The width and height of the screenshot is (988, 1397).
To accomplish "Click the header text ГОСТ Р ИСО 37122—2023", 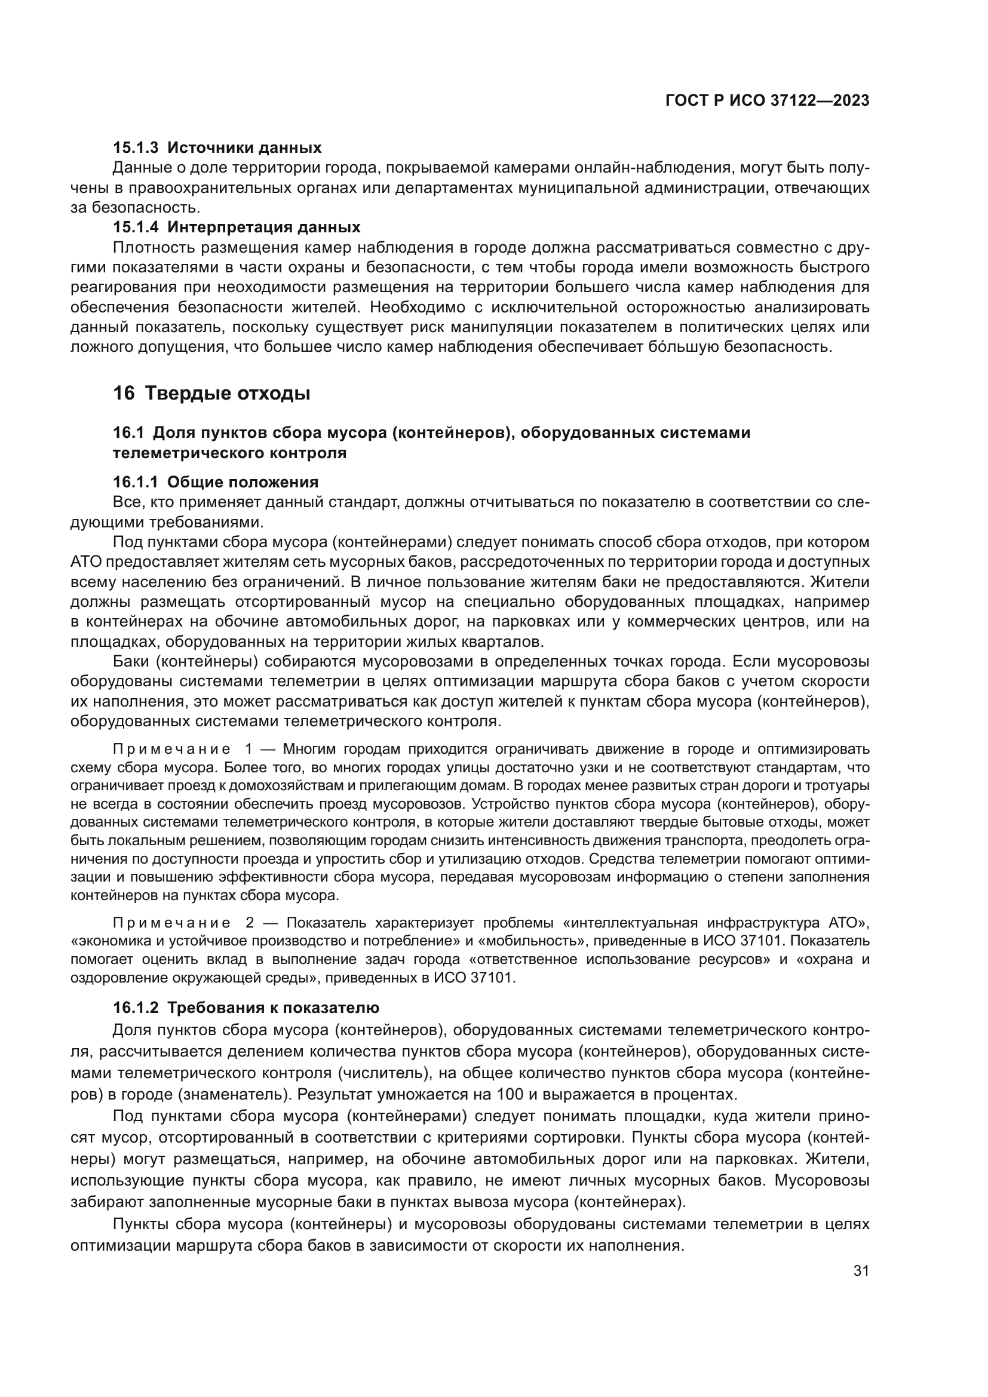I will point(767,101).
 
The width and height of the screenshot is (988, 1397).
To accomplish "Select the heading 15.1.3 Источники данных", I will point(217,148).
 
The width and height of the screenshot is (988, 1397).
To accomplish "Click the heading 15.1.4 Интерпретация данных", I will point(237,227).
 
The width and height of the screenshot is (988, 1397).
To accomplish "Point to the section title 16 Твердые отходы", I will point(211,394).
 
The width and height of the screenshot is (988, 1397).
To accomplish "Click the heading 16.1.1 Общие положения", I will point(216,482).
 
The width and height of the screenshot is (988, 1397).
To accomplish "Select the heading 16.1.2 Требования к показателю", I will point(246,1008).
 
